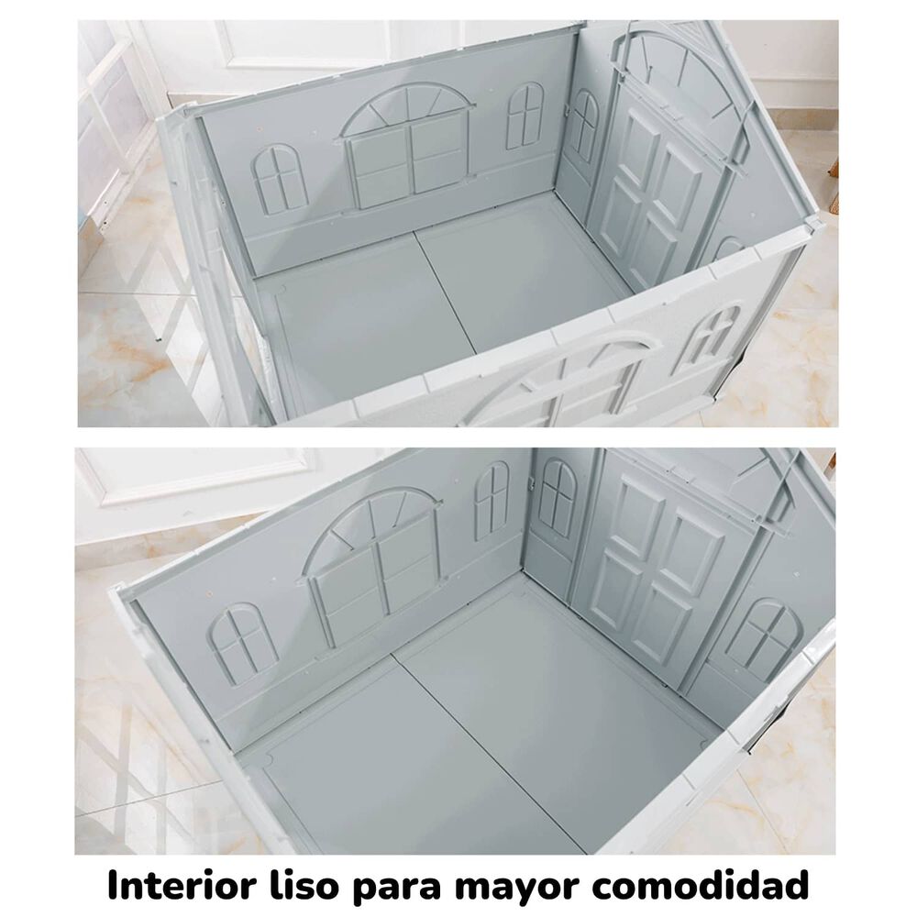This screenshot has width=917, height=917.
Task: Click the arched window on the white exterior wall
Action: (712, 337)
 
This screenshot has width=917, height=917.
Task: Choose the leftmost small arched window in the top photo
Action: (277, 179)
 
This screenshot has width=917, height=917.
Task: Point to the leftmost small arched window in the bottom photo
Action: (245, 642)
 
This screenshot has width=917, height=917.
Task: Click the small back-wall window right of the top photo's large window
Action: (525, 116)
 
